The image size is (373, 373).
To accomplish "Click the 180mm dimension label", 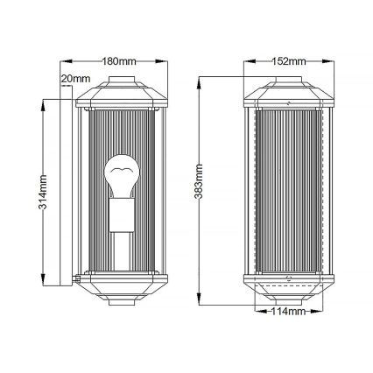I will (116, 62).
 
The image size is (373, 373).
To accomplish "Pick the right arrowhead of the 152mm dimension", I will (333, 62).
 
